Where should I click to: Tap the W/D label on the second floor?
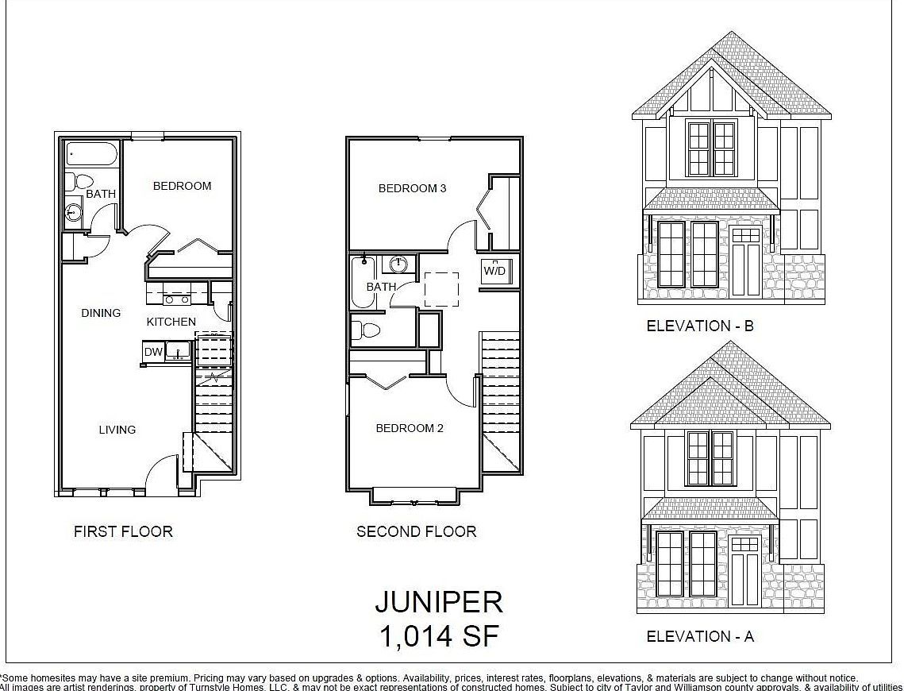pyautogui.click(x=494, y=271)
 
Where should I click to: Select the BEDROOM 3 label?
pyautogui.click(x=412, y=188)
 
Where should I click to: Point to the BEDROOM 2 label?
pyautogui.click(x=410, y=428)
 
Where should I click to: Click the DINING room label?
pyautogui.click(x=101, y=313)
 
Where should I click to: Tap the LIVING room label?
pyautogui.click(x=117, y=430)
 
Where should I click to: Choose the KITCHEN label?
pyautogui.click(x=171, y=322)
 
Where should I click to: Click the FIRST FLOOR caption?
pyautogui.click(x=123, y=531)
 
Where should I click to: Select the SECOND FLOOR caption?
pyautogui.click(x=416, y=531)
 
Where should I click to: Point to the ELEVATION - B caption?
pyautogui.click(x=699, y=326)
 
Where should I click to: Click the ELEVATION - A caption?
pyautogui.click(x=699, y=636)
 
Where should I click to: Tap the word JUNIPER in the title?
pyautogui.click(x=438, y=602)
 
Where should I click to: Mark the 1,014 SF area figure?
pyautogui.click(x=438, y=636)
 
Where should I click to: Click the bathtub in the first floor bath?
pyautogui.click(x=91, y=153)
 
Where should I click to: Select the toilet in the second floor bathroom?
pyautogui.click(x=366, y=330)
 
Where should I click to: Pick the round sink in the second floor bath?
pyautogui.click(x=398, y=264)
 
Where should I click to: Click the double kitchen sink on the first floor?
pyautogui.click(x=176, y=298)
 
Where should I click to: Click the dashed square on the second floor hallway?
pyautogui.click(x=441, y=289)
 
